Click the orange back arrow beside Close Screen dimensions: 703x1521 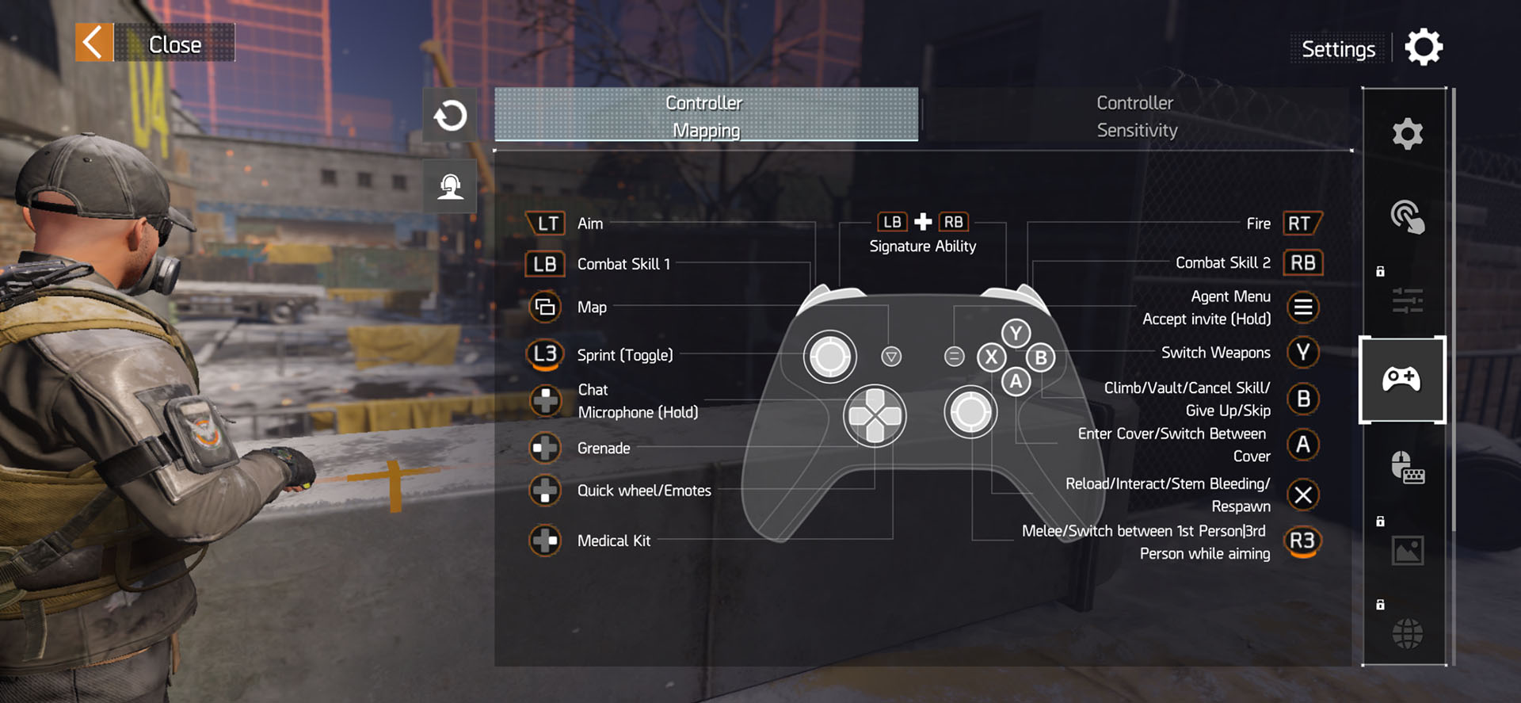(94, 43)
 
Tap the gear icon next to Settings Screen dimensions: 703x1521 (1424, 48)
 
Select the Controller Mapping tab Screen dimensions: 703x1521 (705, 116)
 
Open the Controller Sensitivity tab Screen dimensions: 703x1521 (1137, 117)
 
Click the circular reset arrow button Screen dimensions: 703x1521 (450, 116)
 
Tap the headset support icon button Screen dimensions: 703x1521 (450, 186)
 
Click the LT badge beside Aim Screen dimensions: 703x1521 (547, 224)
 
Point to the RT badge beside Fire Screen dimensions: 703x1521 (1301, 224)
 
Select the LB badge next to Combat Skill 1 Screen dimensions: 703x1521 (545, 264)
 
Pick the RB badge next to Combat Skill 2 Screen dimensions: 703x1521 (1302, 263)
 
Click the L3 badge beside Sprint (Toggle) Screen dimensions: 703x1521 (545, 354)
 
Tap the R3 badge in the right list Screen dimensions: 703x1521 (1302, 541)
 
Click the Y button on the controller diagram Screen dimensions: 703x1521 (1016, 333)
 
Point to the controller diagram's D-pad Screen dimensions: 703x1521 (875, 415)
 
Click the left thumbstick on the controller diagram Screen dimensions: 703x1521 (829, 357)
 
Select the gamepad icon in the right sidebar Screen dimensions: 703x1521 (1401, 380)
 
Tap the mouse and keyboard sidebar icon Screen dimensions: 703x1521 (1407, 468)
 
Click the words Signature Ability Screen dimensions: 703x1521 (923, 246)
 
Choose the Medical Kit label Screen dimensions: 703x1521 (614, 541)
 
